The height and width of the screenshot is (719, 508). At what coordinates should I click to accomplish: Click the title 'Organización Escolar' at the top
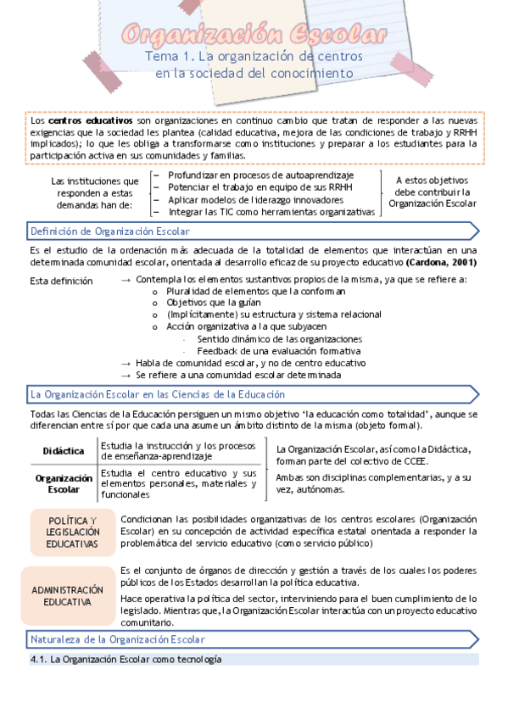254,35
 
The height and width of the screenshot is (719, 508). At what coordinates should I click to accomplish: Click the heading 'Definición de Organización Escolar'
110,231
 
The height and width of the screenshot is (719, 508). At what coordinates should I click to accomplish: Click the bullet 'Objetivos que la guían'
214,303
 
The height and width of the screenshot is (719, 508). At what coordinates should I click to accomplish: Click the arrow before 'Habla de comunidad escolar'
126,363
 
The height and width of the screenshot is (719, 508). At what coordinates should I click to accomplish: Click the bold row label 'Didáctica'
64,451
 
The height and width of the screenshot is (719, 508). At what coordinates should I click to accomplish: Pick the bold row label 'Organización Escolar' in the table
64,483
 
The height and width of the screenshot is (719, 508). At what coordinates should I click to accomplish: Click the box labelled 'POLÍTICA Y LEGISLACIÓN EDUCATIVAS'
72,532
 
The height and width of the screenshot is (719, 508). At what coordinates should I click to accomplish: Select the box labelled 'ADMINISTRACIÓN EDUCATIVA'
72,595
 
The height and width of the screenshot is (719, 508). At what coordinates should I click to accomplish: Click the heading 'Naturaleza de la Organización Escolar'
117,639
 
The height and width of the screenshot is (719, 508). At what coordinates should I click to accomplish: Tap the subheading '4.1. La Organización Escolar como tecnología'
126,659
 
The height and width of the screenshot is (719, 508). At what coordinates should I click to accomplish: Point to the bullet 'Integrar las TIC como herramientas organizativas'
271,212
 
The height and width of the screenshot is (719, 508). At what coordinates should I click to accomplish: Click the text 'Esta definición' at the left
61,280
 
